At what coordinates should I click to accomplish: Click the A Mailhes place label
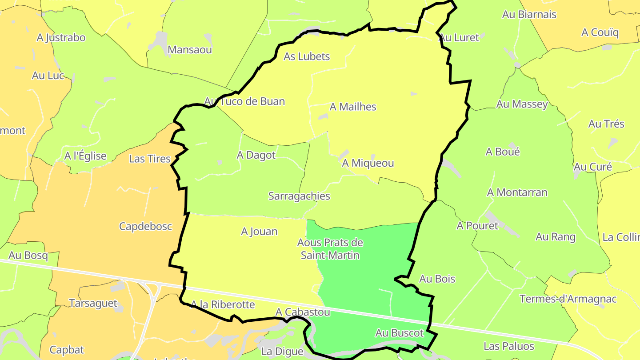point(353,107)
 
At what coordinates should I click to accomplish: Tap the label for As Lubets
point(307,56)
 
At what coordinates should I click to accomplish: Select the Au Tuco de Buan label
point(244,101)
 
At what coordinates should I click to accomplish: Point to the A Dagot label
point(256,155)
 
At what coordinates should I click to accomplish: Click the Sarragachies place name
point(299,196)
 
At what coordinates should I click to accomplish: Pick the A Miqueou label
point(368,163)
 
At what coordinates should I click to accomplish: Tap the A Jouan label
point(259,232)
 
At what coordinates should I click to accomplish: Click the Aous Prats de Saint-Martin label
point(330,249)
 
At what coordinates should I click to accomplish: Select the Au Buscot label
point(400,333)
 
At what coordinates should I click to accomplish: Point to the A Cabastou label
point(303,312)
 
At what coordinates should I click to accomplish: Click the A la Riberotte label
point(223,304)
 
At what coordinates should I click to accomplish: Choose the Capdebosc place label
point(145,226)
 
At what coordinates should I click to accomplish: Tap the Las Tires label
point(149,159)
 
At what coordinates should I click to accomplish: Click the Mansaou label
point(190,50)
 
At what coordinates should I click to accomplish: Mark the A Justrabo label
point(61,38)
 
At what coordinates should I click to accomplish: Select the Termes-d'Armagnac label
point(568,299)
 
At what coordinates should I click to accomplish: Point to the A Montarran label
point(517,192)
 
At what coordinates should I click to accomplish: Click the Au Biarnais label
point(529,15)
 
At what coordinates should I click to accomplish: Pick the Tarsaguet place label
point(93,304)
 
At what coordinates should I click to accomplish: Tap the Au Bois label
point(437,279)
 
